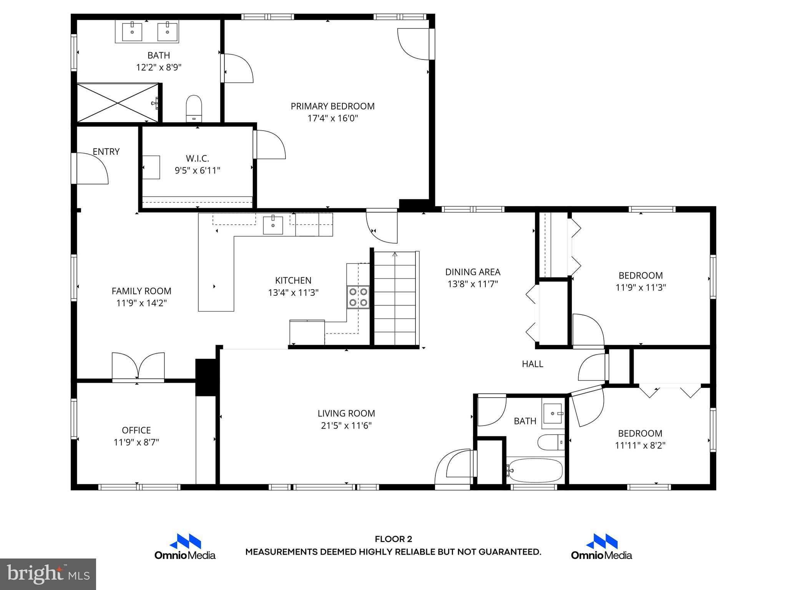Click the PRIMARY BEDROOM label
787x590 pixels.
332,106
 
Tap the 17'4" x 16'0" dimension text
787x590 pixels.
332,118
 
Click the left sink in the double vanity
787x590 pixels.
132,31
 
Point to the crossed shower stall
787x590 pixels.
118,103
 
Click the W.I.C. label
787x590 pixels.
198,158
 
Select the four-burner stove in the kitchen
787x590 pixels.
358,297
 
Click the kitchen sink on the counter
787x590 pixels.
273,225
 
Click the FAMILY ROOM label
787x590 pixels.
141,291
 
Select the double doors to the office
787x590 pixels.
138,367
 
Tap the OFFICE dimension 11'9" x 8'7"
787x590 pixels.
136,442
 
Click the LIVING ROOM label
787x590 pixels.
346,413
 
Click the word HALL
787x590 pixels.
532,364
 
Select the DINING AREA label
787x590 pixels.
473,272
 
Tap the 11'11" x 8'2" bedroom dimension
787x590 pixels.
640,446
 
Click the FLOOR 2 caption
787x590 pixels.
393,539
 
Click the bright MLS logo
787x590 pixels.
48,574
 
